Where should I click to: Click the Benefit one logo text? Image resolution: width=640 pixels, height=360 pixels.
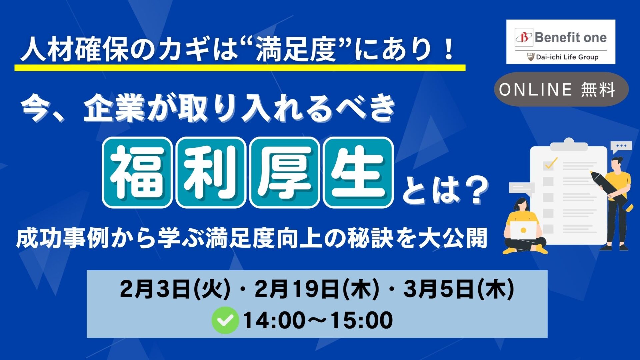570,37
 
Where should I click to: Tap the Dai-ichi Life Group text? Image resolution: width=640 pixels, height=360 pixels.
567,57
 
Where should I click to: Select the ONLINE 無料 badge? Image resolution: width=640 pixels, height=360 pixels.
561,89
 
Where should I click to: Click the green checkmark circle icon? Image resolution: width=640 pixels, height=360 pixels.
225,320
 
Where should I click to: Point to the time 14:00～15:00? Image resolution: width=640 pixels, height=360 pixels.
318,320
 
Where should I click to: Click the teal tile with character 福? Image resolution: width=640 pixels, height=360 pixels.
137,172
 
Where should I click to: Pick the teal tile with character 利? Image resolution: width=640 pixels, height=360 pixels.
211,172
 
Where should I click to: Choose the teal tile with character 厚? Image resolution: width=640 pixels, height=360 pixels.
284,172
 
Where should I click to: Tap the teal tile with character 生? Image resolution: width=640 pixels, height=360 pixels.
358,172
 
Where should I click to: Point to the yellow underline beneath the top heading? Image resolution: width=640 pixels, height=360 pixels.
240,67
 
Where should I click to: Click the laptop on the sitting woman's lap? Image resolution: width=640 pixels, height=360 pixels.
524,230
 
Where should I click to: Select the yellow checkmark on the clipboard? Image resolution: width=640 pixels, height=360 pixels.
551,163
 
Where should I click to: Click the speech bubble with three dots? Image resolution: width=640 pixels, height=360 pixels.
621,147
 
